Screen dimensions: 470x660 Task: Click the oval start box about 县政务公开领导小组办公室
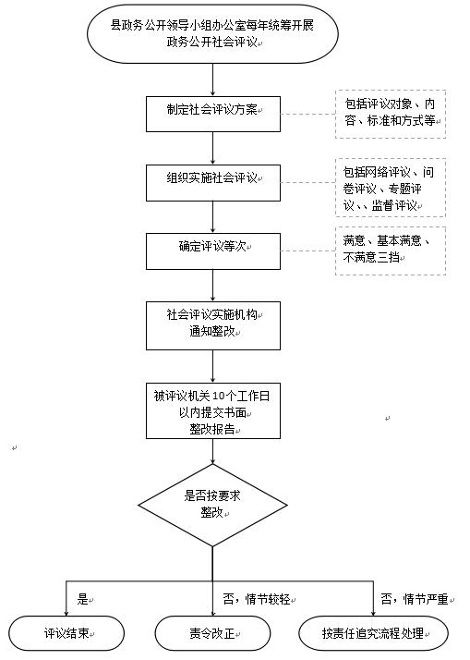[x=212, y=34]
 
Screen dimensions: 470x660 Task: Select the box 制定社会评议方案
[x=213, y=114]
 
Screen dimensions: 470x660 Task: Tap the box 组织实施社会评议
[x=213, y=183]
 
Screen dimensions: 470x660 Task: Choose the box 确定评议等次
[x=213, y=251]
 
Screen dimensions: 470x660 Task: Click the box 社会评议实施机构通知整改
[x=213, y=325]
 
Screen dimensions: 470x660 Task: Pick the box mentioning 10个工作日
[x=213, y=410]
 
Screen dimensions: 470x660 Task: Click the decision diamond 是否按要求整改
[x=212, y=505]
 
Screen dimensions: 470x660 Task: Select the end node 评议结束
[x=66, y=633]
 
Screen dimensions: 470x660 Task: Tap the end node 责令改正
[x=212, y=633]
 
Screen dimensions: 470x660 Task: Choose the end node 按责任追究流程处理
[x=373, y=633]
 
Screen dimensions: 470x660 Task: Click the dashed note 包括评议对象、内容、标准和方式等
[x=391, y=114]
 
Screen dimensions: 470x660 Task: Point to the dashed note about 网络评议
[x=391, y=188]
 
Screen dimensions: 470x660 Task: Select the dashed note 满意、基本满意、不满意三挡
[x=391, y=251]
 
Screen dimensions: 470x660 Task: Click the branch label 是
[x=83, y=599]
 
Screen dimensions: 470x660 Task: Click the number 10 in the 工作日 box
[x=219, y=396]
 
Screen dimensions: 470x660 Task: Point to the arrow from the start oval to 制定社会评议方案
[x=212, y=80]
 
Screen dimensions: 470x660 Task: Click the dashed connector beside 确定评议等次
[x=308, y=251]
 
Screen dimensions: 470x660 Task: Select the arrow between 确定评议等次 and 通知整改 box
[x=212, y=286]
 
